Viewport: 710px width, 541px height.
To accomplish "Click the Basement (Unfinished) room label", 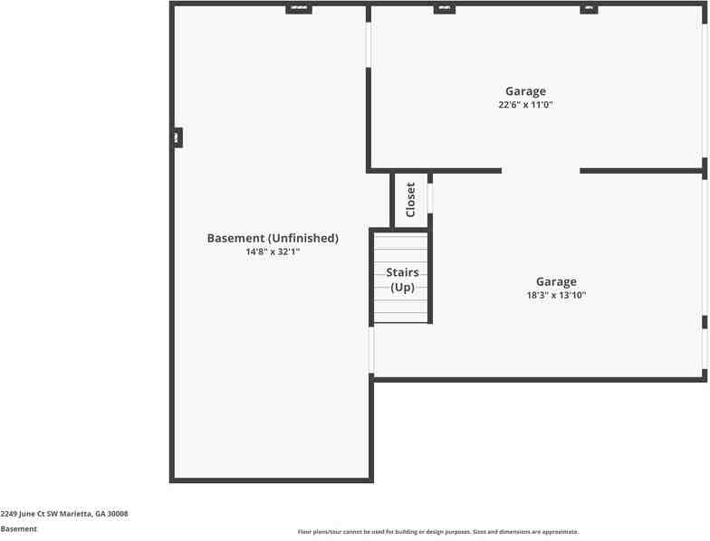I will [x=273, y=238].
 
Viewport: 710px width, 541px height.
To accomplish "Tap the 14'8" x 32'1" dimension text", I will [x=273, y=252].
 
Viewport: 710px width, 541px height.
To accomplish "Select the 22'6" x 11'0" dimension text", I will [x=525, y=105].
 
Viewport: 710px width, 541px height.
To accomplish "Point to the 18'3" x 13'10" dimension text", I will [x=556, y=295].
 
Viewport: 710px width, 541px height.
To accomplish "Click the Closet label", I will [x=410, y=199].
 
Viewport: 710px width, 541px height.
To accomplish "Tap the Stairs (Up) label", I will [x=402, y=280].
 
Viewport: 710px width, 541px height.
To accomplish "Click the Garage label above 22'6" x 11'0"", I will [x=525, y=90].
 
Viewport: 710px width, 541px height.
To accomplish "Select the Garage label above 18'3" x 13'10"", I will [x=556, y=281].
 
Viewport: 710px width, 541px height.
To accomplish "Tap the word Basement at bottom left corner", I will [x=19, y=529].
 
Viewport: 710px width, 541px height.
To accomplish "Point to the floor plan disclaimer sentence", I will [x=438, y=532].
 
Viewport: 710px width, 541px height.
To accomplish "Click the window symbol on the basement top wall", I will [x=299, y=8].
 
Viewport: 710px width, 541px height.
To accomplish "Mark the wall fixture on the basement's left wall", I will [x=177, y=138].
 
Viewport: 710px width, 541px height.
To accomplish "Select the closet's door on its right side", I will [x=430, y=197].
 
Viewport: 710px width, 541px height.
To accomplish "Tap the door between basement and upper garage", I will [x=369, y=44].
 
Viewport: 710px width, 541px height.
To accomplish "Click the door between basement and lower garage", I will [x=371, y=350].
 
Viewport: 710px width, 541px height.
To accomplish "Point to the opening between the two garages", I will [x=541, y=170].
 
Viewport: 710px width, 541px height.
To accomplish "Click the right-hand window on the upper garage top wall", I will [x=589, y=8].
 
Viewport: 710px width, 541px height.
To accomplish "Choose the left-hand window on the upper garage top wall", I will [x=444, y=8].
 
